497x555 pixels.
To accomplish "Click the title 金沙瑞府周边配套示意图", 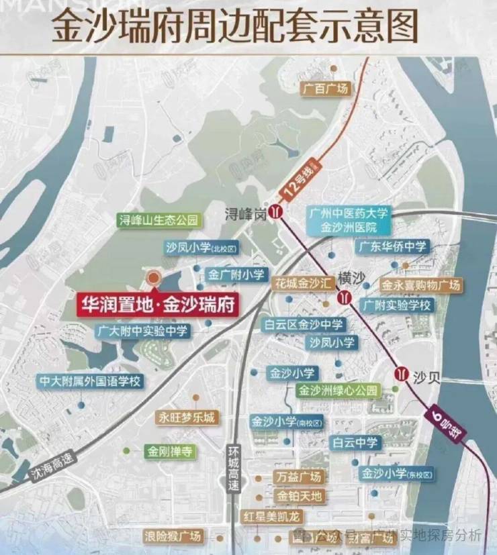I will tap(234, 29).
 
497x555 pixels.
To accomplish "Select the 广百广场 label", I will tap(326, 89).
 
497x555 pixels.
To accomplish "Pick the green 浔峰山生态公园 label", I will tap(159, 220).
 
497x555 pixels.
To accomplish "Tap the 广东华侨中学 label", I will tap(392, 246).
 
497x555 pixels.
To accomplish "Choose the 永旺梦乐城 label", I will tap(187, 417).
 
